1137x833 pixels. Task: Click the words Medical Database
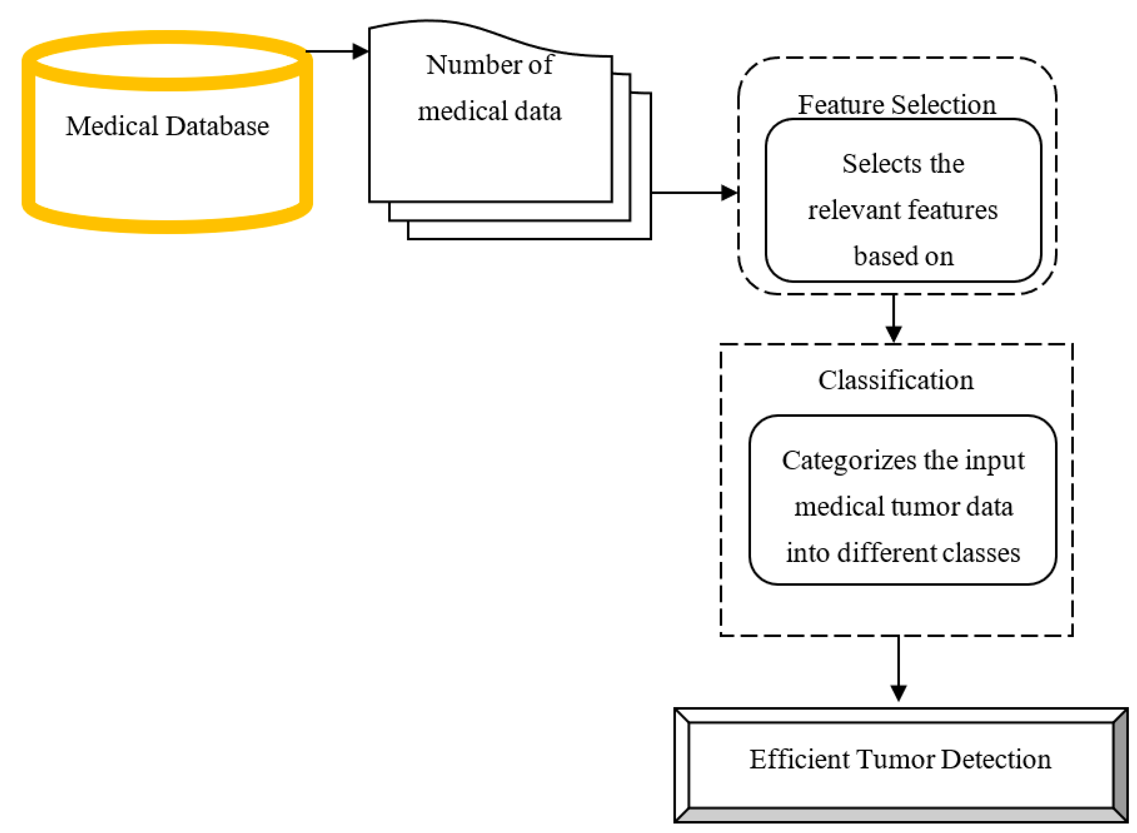click(x=167, y=126)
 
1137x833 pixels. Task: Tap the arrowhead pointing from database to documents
click(x=360, y=51)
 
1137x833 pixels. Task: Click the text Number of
click(x=489, y=65)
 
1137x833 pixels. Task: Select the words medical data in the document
click(x=489, y=111)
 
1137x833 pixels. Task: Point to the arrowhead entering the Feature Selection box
click(x=730, y=192)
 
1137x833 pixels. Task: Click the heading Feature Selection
click(x=896, y=105)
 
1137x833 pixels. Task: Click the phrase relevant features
click(x=902, y=210)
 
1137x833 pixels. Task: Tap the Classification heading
click(x=895, y=380)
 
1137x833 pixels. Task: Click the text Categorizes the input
click(x=902, y=460)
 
